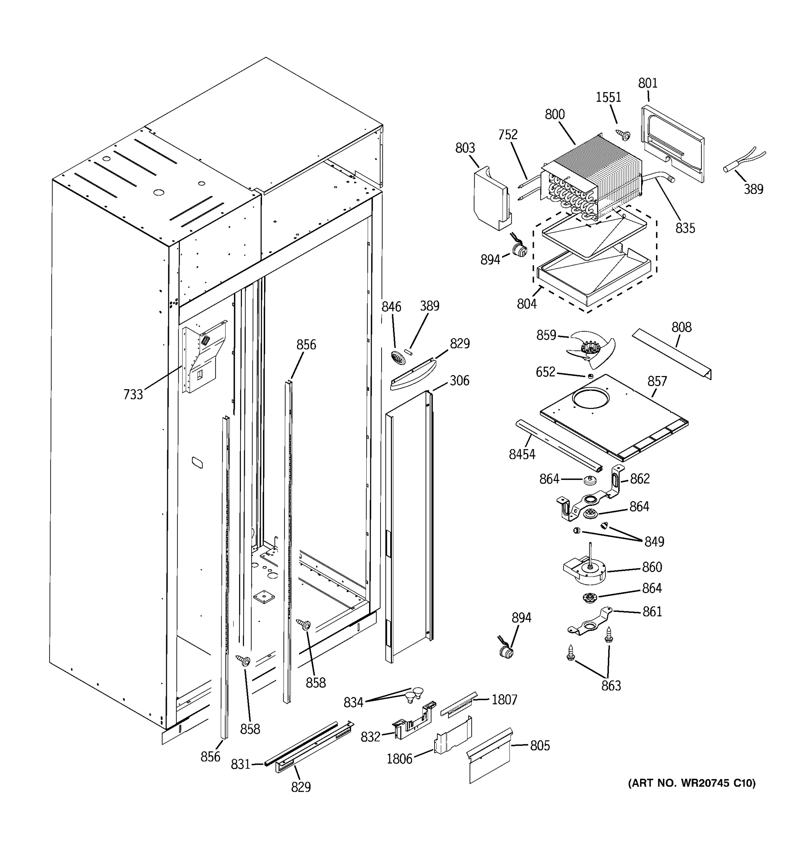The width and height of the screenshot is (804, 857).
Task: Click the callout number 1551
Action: [608, 97]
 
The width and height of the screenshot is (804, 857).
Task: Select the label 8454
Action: [522, 454]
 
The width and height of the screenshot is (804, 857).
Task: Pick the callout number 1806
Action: [399, 759]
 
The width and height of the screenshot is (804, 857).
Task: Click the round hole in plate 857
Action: [590, 399]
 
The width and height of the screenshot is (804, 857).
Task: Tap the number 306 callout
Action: [460, 380]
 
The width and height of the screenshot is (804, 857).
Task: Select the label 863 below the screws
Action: [611, 686]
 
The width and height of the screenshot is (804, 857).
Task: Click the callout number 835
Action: [685, 228]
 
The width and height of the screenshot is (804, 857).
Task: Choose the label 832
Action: [371, 737]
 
